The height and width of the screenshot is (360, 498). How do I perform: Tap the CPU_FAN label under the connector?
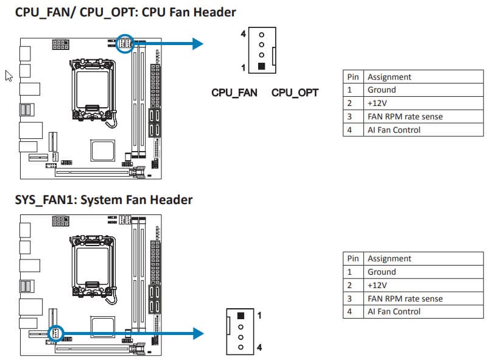[x=234, y=93]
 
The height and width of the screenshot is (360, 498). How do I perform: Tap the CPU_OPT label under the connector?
[x=295, y=93]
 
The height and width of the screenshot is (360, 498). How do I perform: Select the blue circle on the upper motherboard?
[x=125, y=43]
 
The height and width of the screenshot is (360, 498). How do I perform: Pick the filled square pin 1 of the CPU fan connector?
[x=261, y=67]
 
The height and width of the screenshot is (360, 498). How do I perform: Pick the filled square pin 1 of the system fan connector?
[x=240, y=316]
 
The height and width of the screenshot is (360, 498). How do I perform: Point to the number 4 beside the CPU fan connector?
[x=244, y=34]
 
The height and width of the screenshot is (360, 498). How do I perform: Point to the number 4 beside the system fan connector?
[x=259, y=348]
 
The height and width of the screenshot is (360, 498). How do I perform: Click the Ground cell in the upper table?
[x=381, y=90]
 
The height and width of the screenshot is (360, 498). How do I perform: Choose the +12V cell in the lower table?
[x=377, y=285]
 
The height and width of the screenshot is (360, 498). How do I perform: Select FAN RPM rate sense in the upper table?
[x=405, y=116]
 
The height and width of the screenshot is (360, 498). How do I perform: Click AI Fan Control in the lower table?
[x=394, y=311]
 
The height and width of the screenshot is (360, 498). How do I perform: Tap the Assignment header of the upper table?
[x=389, y=77]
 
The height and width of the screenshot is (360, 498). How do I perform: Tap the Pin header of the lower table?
[x=353, y=259]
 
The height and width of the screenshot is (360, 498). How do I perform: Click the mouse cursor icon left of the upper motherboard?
[x=9, y=76]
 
